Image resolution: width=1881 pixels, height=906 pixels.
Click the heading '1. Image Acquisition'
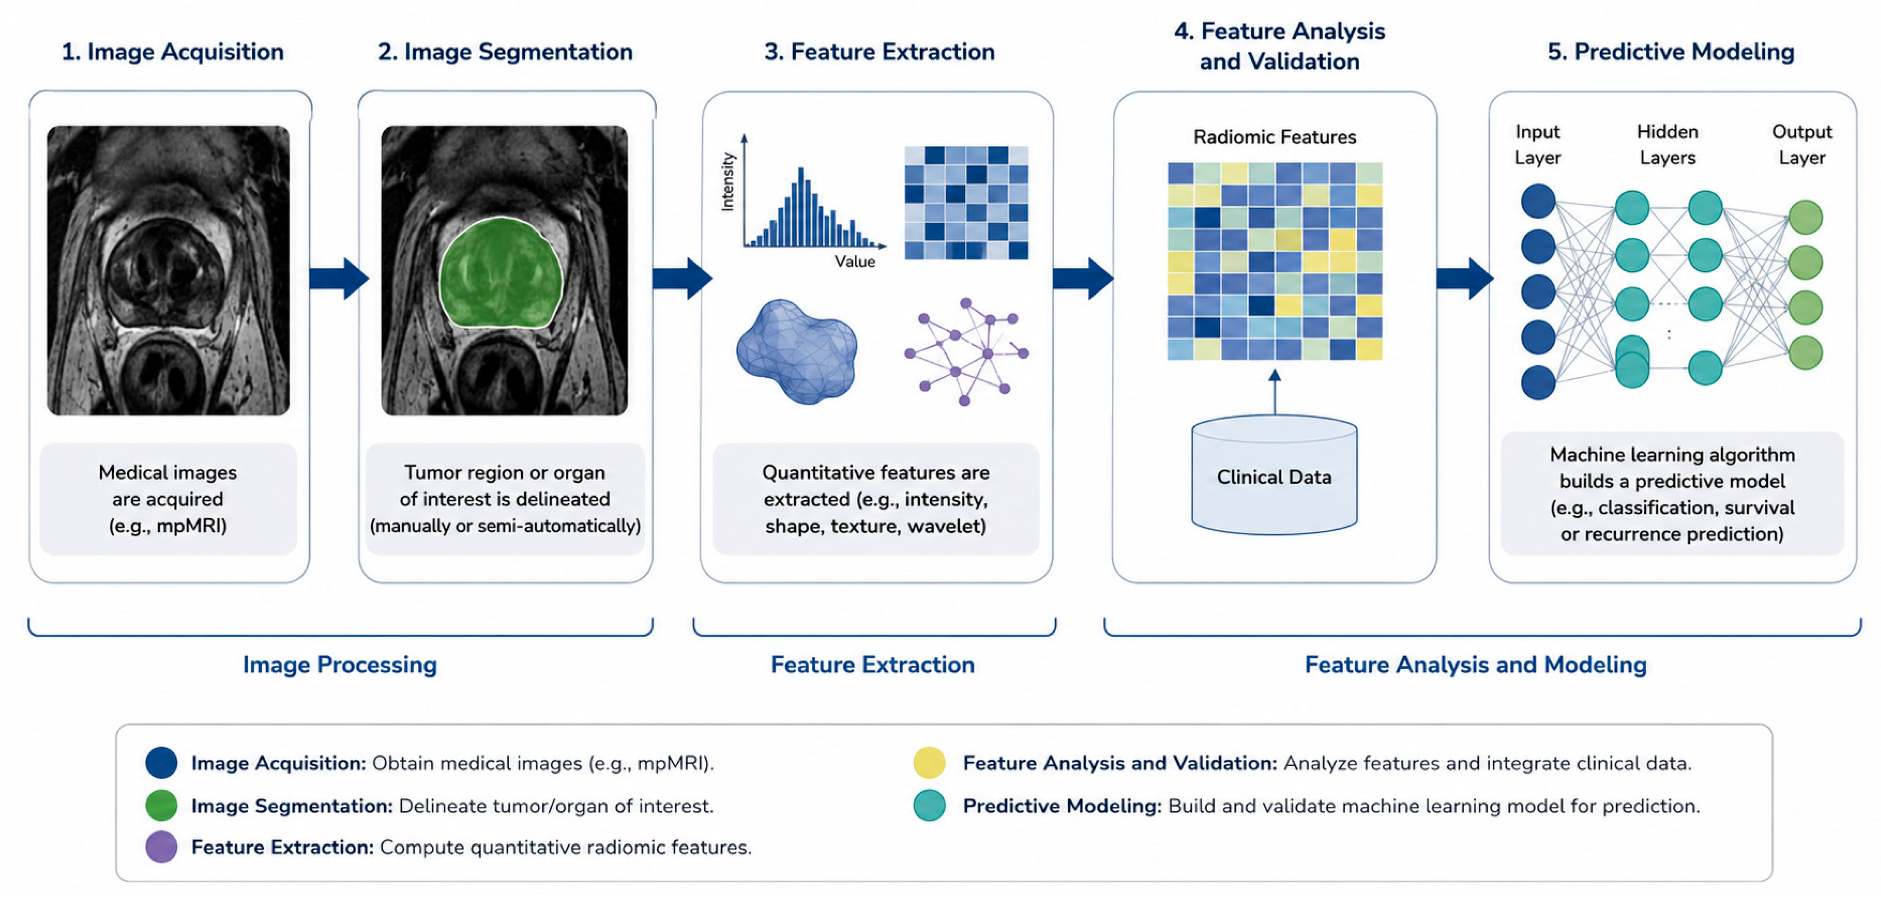172,52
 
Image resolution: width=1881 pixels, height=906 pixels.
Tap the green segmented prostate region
501,272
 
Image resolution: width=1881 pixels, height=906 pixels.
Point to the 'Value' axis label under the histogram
854,261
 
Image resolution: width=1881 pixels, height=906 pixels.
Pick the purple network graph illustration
966,351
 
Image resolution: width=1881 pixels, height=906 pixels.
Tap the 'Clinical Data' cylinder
1274,475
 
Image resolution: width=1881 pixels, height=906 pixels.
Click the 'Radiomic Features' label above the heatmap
1274,137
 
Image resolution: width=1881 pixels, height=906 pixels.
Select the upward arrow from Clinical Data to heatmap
1275,392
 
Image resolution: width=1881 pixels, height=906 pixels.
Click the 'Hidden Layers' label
1667,145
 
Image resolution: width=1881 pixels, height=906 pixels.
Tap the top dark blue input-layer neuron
1538,201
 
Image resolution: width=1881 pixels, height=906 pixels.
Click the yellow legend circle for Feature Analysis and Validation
929,762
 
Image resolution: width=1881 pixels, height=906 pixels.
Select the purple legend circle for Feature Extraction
162,847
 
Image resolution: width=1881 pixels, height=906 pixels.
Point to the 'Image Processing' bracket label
340,664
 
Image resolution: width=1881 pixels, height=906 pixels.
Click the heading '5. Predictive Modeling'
1671,52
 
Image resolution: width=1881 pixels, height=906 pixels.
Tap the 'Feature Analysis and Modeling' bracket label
1476,664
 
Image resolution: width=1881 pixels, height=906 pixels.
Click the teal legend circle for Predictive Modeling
929,805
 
